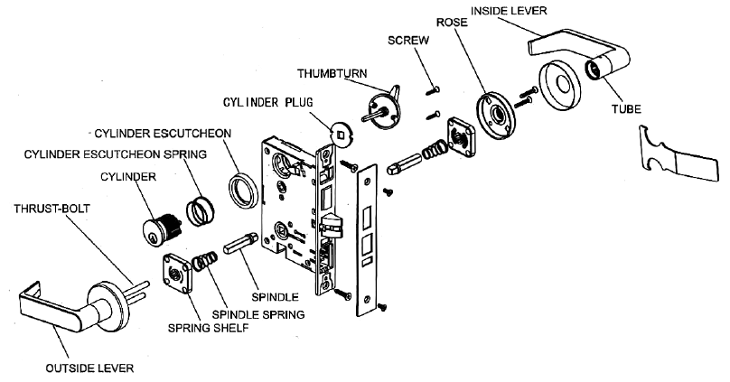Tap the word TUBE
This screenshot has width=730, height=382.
click(625, 109)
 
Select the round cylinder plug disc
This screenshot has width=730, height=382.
click(342, 135)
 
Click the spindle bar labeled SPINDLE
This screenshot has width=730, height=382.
click(243, 247)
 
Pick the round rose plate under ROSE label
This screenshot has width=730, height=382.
click(493, 115)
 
